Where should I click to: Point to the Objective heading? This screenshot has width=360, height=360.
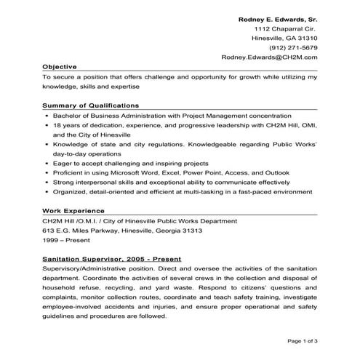click(x=60, y=66)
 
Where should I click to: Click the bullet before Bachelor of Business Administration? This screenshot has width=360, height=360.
click(x=47, y=116)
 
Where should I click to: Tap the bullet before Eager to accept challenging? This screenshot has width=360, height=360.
click(x=47, y=164)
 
